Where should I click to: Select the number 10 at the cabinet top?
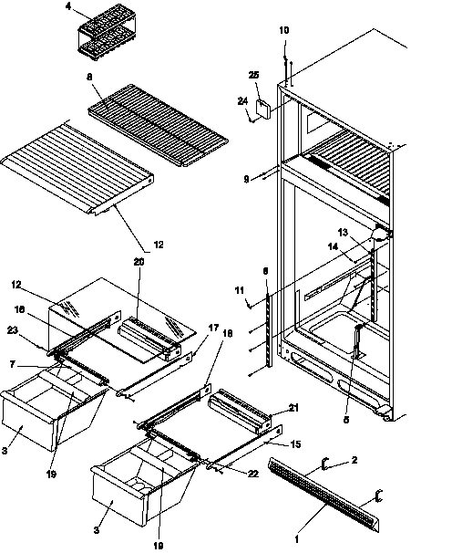[x=284, y=31]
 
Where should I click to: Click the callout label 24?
[x=243, y=101]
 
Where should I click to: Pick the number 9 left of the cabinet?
[x=245, y=180]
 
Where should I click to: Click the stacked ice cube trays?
[x=99, y=27]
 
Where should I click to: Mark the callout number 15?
[x=294, y=444]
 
